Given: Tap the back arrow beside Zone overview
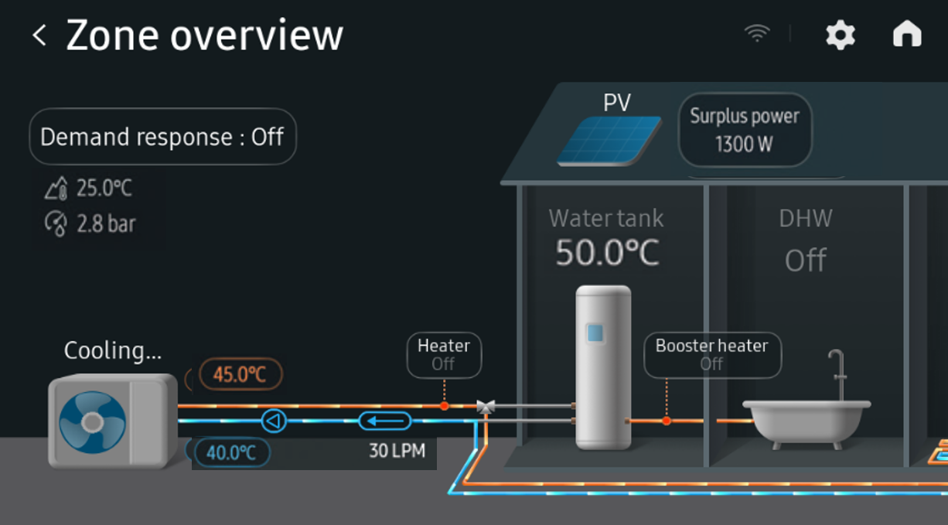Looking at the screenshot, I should pos(39,36).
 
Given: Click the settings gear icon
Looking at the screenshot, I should pos(840,35).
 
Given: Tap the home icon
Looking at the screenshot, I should pos(907,35).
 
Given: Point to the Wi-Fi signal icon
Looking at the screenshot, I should pos(757,33).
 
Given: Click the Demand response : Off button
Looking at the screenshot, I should pos(162,138).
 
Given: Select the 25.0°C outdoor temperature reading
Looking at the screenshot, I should pos(104,188).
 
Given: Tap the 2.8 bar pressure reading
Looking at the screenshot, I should pos(105,224).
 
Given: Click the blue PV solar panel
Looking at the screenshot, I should pos(609,141).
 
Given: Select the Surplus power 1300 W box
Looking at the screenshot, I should pos(745,130).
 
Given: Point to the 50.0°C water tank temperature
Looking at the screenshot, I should pos(607,253).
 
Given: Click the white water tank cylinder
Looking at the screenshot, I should pos(602,366).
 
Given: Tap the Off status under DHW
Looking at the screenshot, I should pos(805,261).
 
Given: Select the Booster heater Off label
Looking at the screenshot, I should pos(712,355).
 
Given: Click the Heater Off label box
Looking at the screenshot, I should pos(444,355).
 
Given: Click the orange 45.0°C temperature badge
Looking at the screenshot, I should pos(240,375).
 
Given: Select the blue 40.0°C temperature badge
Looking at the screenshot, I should pos(231,452).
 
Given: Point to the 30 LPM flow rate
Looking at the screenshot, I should pos(397,450).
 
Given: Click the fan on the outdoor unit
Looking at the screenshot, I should pos(92,421).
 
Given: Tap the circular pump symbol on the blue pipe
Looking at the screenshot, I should pos(273,421).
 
